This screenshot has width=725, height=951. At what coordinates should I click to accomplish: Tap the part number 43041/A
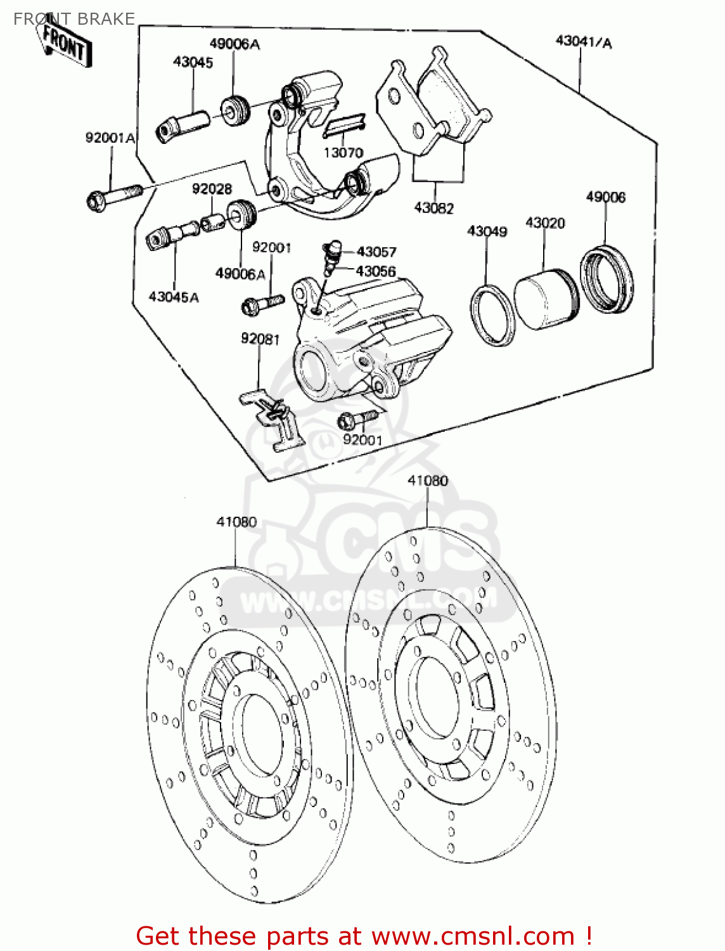tap(584, 42)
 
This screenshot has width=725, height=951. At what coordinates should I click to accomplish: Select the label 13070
tap(343, 153)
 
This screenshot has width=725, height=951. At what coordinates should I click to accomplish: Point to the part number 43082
tap(434, 208)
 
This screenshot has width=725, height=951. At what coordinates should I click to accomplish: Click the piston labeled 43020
tap(546, 299)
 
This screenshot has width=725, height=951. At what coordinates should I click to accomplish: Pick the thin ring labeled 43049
tap(492, 315)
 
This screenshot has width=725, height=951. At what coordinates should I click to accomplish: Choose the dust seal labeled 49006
tap(606, 280)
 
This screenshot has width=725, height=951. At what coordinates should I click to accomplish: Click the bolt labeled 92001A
tap(114, 198)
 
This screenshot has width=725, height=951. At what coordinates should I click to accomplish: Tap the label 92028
tap(212, 189)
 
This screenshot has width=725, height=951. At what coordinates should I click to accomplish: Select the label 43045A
tap(174, 297)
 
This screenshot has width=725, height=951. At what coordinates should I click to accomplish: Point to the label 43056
tap(376, 271)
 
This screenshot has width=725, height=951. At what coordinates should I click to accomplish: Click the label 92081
tap(260, 339)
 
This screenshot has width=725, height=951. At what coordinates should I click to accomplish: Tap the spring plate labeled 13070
tap(344, 126)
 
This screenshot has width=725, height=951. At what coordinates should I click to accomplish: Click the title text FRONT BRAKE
tap(74, 18)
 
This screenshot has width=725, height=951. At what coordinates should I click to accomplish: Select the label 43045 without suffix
tap(193, 62)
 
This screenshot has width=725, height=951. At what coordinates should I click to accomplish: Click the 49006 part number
tap(605, 197)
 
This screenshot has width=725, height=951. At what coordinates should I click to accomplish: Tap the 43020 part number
tap(545, 223)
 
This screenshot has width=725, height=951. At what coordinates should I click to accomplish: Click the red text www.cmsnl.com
tap(473, 936)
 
